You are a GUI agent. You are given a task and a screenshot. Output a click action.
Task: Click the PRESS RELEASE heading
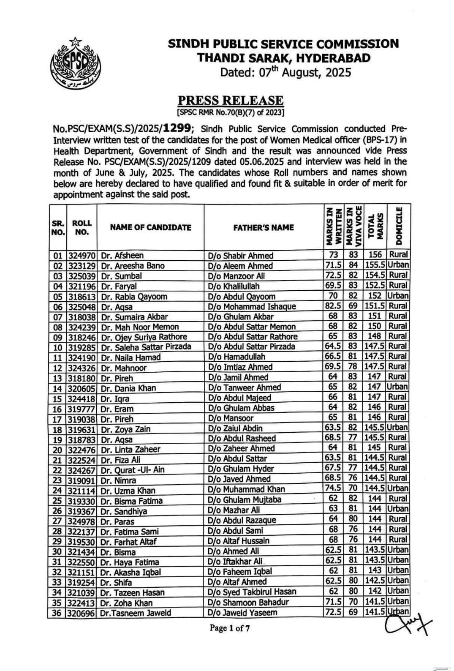click(230, 100)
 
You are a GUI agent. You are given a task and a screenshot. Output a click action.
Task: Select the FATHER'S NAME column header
click(264, 227)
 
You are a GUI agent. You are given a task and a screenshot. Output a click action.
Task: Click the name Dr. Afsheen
click(122, 256)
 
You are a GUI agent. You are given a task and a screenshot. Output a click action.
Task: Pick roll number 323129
click(82, 266)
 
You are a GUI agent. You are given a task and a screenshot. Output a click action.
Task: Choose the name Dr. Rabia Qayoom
click(134, 296)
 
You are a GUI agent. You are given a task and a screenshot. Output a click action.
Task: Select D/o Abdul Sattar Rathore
click(253, 337)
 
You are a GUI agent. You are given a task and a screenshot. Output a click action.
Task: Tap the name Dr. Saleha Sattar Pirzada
click(146, 347)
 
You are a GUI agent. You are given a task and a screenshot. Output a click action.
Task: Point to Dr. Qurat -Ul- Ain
click(132, 469)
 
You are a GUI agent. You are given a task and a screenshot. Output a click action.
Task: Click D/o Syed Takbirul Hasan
click(252, 592)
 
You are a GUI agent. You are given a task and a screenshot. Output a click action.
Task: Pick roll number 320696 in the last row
click(82, 612)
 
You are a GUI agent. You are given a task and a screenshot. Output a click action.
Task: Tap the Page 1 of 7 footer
click(230, 628)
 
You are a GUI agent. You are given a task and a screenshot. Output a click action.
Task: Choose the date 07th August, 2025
click(285, 72)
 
